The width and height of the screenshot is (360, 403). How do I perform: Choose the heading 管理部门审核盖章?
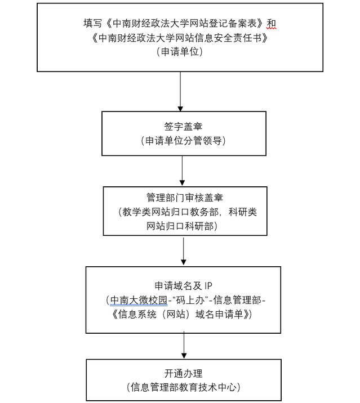click(x=184, y=198)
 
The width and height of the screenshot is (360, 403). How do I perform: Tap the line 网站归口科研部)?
click(x=184, y=226)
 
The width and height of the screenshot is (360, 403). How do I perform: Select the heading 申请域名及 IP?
click(x=183, y=285)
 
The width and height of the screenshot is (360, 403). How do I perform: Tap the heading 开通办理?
click(x=183, y=373)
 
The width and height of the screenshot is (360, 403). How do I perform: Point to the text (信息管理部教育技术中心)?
click(x=183, y=387)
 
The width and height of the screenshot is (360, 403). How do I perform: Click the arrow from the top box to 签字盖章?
click(x=180, y=91)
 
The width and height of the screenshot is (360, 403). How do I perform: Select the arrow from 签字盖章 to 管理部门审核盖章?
click(x=183, y=171)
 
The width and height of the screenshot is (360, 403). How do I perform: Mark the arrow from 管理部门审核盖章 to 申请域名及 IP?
click(x=184, y=250)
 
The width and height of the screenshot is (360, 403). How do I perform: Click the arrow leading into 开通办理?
click(x=184, y=344)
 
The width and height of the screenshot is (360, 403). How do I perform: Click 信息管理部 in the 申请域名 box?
click(x=237, y=300)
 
